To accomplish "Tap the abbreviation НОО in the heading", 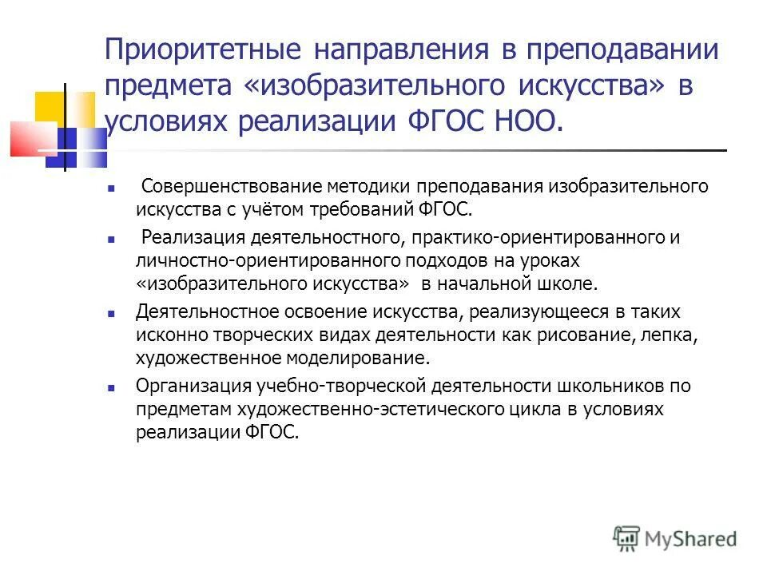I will coord(523,121).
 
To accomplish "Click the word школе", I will coord(571,283).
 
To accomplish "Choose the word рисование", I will coord(590,335).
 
